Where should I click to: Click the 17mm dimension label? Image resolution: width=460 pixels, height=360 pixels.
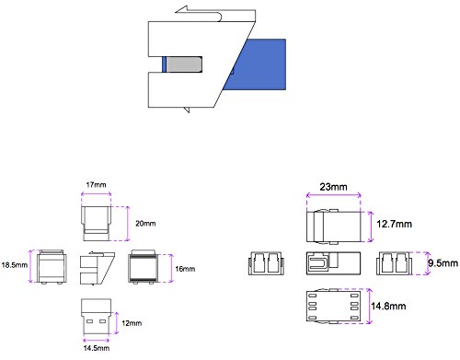click(96, 185)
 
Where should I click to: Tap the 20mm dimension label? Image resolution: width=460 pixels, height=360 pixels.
click(145, 224)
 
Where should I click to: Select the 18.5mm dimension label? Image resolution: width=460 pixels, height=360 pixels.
click(15, 265)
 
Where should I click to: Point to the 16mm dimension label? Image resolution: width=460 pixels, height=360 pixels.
click(185, 269)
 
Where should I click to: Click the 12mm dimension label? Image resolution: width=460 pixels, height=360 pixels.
click(132, 323)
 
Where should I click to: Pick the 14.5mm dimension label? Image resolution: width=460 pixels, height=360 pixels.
click(97, 348)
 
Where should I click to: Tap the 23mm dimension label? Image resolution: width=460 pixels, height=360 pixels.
click(333, 187)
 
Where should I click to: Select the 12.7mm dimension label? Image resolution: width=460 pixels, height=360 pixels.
click(394, 224)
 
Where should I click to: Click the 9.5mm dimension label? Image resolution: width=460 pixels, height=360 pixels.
click(443, 263)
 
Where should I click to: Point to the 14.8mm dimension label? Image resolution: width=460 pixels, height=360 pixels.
click(388, 306)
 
